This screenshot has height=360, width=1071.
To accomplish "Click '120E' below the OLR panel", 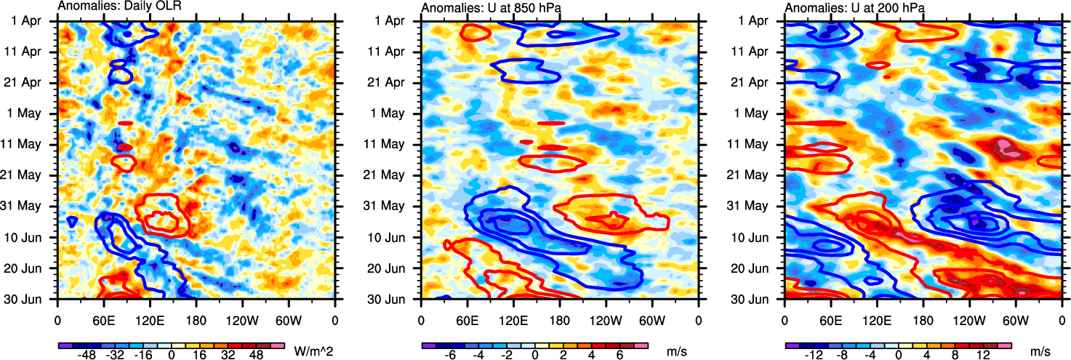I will pyautogui.click(x=150, y=319).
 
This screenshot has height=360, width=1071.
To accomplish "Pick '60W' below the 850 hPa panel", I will pyautogui.click(x=652, y=319).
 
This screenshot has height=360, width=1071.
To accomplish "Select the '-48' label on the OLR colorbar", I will pyautogui.click(x=87, y=354).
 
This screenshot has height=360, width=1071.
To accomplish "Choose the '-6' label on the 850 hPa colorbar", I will pyautogui.click(x=450, y=354).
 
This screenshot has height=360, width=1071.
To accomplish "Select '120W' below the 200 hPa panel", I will pyautogui.click(x=969, y=319).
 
